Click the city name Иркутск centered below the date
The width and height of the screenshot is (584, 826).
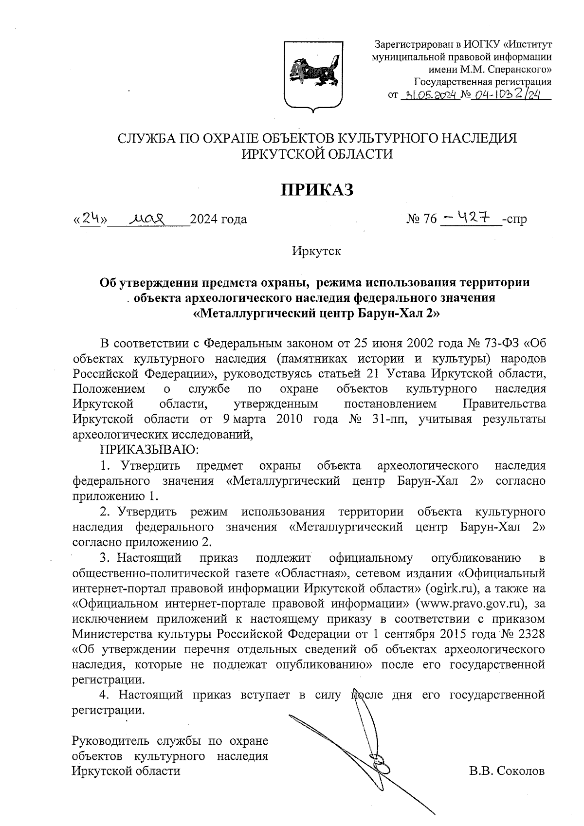[x=316, y=251]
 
